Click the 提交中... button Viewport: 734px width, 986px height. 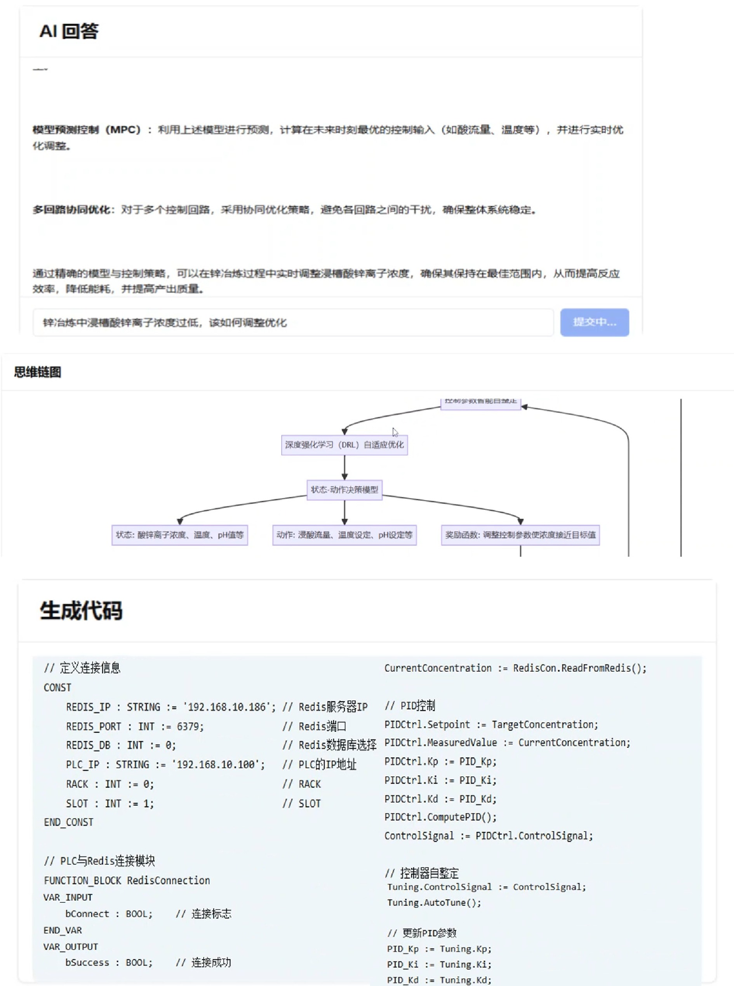[x=594, y=322]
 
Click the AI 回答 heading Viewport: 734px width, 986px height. [x=69, y=31]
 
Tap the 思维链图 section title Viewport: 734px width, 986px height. [x=38, y=372]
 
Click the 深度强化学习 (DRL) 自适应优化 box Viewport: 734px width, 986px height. [x=344, y=445]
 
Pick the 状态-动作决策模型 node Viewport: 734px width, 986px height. [x=344, y=490]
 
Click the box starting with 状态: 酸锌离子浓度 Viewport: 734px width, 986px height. [x=179, y=535]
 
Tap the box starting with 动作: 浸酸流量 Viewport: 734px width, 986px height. [x=344, y=535]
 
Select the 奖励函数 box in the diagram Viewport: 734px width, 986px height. [x=520, y=535]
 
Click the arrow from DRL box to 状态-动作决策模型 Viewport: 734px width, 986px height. [x=344, y=467]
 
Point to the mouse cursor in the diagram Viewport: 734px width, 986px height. [x=395, y=432]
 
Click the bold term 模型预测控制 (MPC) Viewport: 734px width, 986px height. [x=87, y=130]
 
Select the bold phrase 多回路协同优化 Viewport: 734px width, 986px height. [x=71, y=210]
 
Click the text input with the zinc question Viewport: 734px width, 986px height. [x=293, y=322]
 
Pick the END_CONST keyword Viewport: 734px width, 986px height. [x=68, y=822]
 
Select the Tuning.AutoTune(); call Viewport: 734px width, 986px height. [x=434, y=902]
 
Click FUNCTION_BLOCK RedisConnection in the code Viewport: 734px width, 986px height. [x=127, y=880]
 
